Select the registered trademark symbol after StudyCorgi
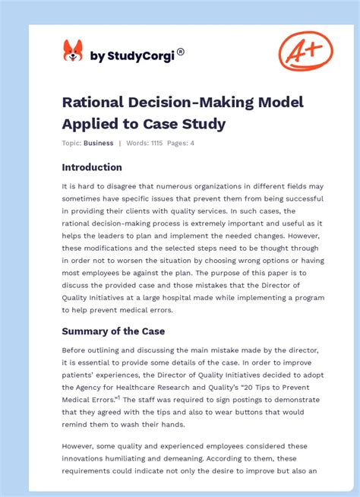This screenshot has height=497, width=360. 181,52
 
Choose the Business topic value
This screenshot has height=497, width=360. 99,143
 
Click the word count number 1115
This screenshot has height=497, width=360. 159,143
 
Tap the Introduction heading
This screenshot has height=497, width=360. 92,167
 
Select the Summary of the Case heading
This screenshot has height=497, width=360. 113,331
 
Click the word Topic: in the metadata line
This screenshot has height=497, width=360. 72,143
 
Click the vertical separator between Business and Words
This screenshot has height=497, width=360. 119,143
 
